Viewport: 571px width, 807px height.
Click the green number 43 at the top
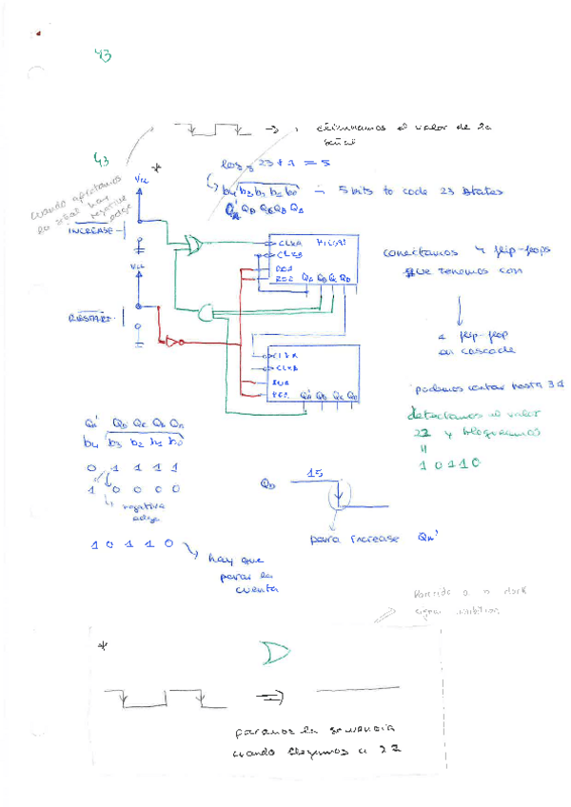click(103, 56)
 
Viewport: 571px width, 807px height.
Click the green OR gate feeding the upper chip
click(194, 246)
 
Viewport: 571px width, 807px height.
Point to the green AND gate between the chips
click(206, 310)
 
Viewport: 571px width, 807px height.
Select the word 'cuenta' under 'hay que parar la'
click(255, 590)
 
